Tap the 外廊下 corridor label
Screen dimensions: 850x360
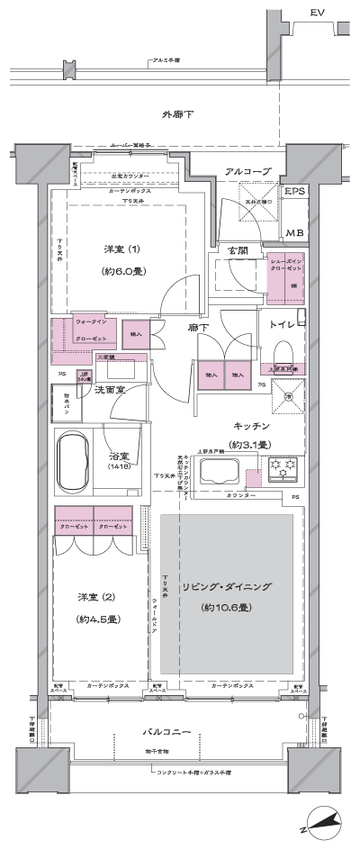(x=178, y=114)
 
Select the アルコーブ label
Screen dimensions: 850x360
(x=243, y=171)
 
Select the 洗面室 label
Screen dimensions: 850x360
(x=109, y=389)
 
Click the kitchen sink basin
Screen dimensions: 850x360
(x=220, y=471)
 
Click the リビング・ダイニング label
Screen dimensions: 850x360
(x=228, y=586)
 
